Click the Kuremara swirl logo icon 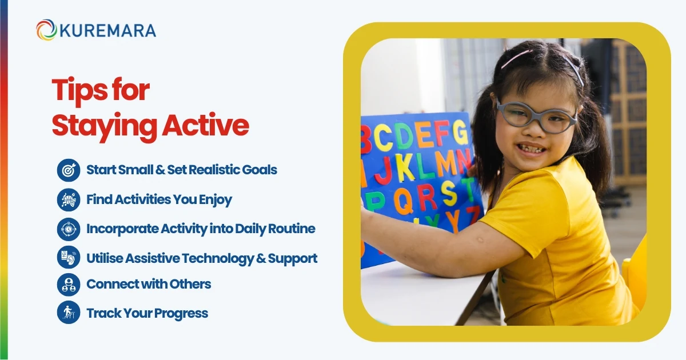[46, 30]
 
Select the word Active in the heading [205, 126]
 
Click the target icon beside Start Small [69, 170]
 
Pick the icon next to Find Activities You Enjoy [69, 199]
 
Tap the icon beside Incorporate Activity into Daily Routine [69, 229]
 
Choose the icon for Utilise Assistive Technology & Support [69, 258]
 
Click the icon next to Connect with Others [69, 284]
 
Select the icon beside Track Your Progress [69, 313]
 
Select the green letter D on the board [404, 135]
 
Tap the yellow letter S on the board [449, 193]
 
